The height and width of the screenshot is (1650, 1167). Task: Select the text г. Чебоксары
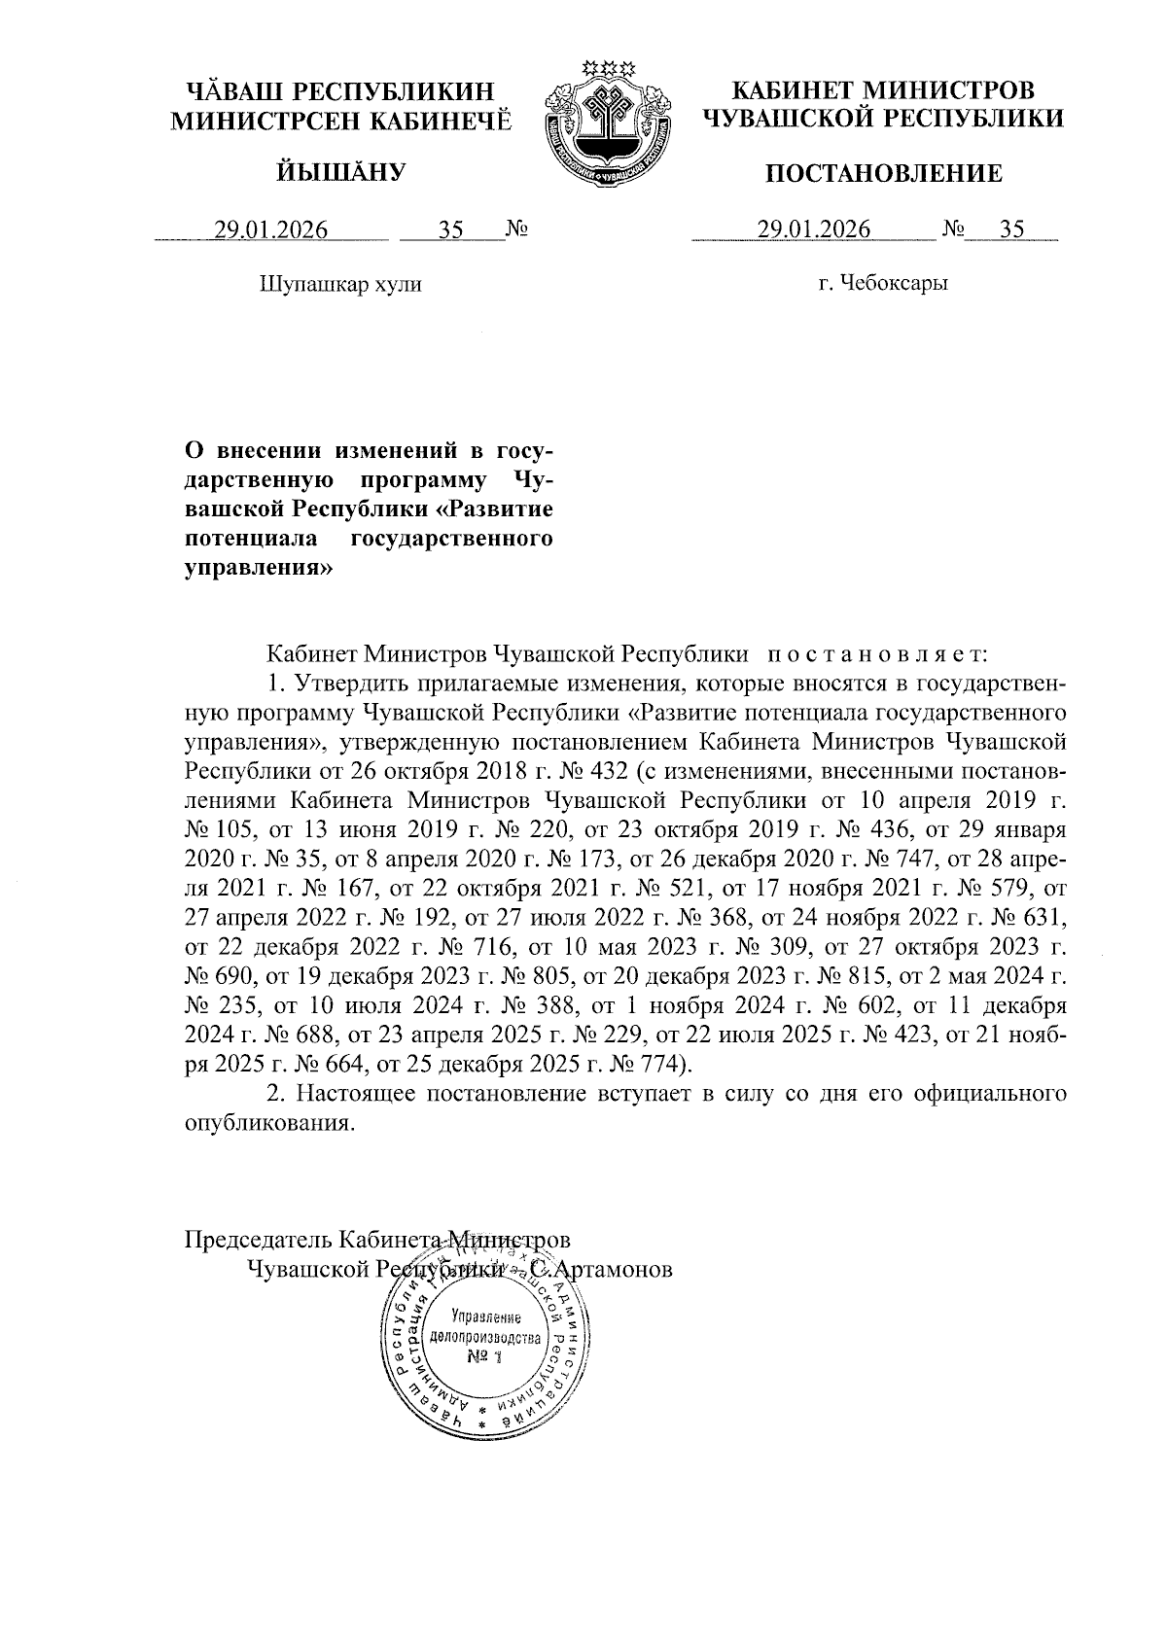pos(883,284)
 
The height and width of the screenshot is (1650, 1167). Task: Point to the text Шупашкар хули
pos(340,285)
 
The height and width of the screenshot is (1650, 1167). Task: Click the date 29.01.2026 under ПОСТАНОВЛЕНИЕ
pos(813,229)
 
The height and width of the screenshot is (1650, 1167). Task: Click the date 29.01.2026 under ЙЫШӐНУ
pos(271,230)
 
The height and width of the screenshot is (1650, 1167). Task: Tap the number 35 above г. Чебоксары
pos(1011,229)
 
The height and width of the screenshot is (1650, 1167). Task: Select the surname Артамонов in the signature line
pos(612,1271)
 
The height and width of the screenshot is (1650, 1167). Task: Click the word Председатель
pos(259,1241)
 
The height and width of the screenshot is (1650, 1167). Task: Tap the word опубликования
pos(266,1123)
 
